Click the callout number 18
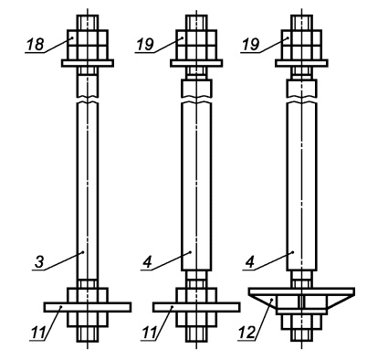(x=36, y=45)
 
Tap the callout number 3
(x=39, y=262)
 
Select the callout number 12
(x=246, y=333)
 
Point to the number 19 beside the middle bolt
(x=145, y=45)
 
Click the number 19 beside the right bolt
(x=250, y=45)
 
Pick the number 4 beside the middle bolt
(x=147, y=262)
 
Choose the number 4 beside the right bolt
(x=250, y=262)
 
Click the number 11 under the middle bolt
(x=149, y=333)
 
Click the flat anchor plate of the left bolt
(x=88, y=307)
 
